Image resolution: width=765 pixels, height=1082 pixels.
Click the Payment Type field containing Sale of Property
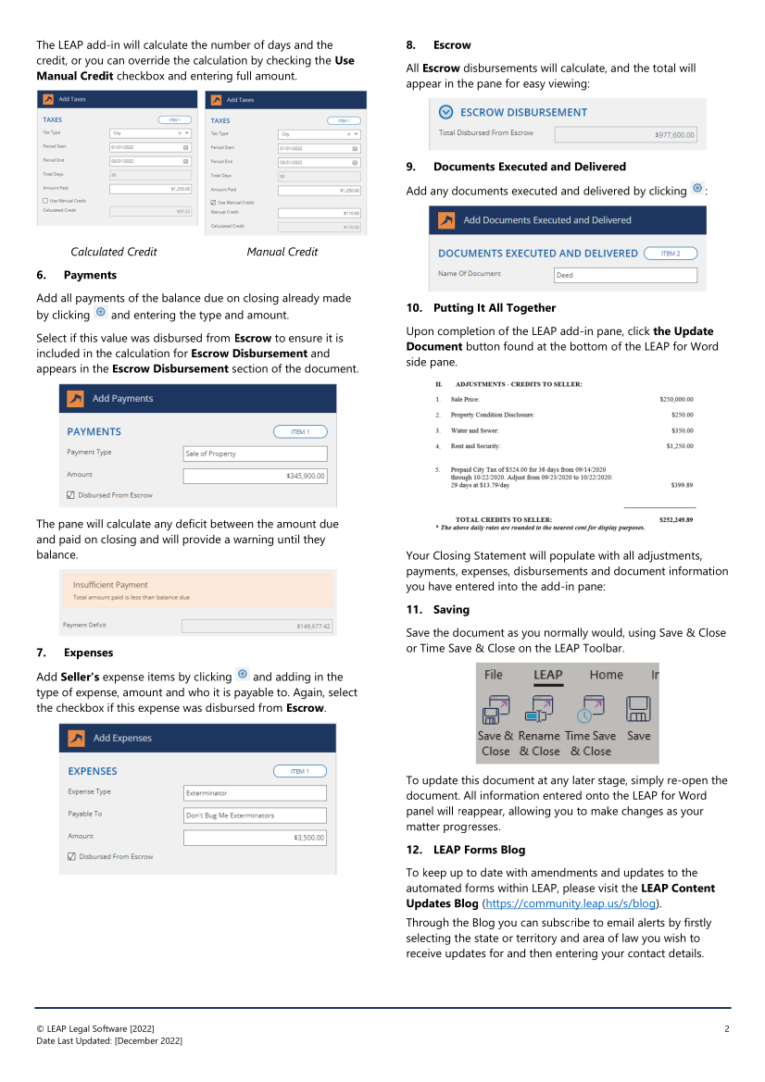(x=255, y=454)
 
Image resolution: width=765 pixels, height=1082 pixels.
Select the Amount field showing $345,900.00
(x=255, y=476)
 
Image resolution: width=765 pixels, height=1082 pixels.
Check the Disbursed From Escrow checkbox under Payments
(x=71, y=495)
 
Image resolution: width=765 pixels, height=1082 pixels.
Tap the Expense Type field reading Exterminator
(x=255, y=793)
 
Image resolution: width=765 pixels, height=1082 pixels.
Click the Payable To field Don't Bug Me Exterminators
(x=255, y=815)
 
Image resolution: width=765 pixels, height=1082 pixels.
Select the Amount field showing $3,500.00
(x=255, y=838)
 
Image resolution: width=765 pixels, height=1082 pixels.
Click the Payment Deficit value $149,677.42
(x=257, y=626)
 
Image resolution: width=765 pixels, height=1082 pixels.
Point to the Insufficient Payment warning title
(x=110, y=585)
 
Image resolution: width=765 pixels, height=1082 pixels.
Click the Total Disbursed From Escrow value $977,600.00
(x=625, y=135)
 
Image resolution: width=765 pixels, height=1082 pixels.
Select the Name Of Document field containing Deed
(x=624, y=275)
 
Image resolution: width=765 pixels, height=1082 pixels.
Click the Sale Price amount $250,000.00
(x=676, y=399)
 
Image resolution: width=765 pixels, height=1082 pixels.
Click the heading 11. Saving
(x=451, y=610)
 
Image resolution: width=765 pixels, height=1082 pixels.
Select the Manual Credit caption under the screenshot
(x=282, y=252)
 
